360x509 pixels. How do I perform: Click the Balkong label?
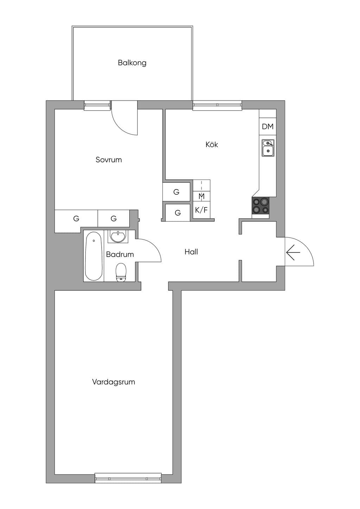click(132, 63)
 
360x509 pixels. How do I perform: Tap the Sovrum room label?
click(109, 160)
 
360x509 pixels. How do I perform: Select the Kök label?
click(212, 144)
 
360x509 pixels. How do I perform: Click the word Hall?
click(191, 252)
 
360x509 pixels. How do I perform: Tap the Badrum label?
click(120, 254)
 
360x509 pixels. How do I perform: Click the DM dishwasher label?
click(268, 127)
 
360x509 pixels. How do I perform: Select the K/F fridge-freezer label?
click(201, 210)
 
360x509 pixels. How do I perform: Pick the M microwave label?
click(201, 196)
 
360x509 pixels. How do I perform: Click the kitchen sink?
click(268, 148)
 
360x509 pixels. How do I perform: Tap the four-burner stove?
click(261, 206)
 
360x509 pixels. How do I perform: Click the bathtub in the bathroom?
click(94, 257)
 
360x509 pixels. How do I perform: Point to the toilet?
click(121, 272)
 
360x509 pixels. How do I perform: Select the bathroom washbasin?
click(117, 236)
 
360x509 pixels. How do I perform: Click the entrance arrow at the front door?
click(293, 252)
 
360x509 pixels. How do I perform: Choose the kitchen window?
click(217, 105)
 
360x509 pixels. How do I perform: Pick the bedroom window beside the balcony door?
click(97, 105)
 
